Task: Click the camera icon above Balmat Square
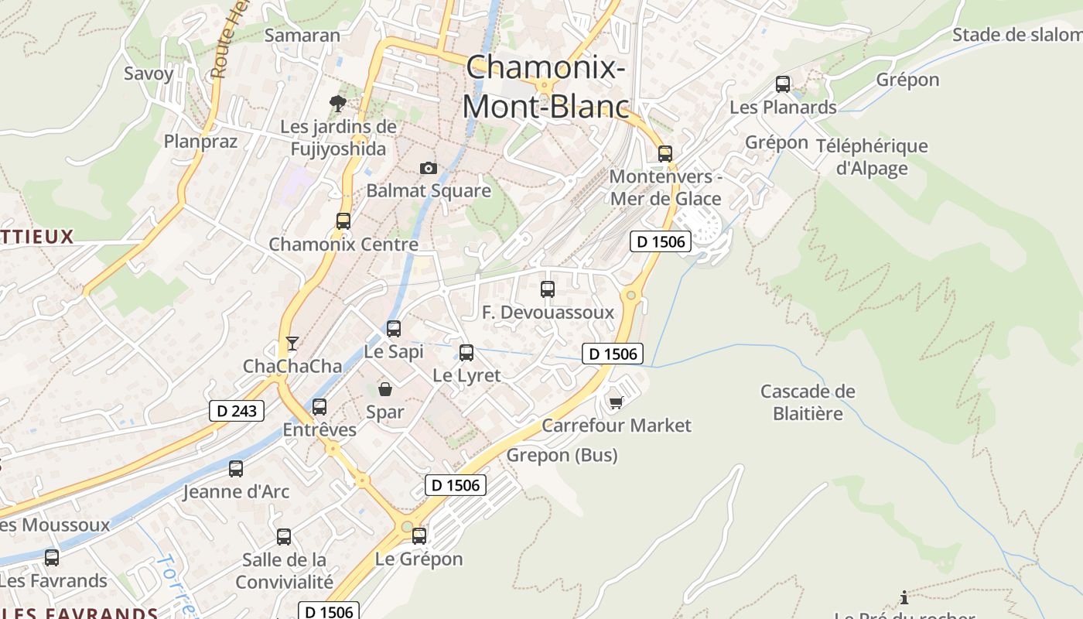point(428,168)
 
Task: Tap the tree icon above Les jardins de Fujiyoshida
point(337,103)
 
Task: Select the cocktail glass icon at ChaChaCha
point(292,343)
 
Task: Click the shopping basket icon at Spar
point(384,388)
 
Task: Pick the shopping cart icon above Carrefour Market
point(616,402)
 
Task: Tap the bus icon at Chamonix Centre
point(343,221)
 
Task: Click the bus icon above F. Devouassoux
point(548,289)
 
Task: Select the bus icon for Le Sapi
point(394,329)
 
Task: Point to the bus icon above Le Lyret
point(466,353)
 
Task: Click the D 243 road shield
point(237,411)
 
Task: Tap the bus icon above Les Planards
point(783,84)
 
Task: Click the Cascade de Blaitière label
point(808,402)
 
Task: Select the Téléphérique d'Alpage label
point(872,156)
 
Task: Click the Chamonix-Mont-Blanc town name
point(545,87)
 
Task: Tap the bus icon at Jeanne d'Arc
point(236,468)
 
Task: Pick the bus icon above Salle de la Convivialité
point(284,536)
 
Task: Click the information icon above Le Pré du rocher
point(904,597)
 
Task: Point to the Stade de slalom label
point(1016,35)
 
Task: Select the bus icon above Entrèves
point(319,407)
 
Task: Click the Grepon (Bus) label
point(562,455)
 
